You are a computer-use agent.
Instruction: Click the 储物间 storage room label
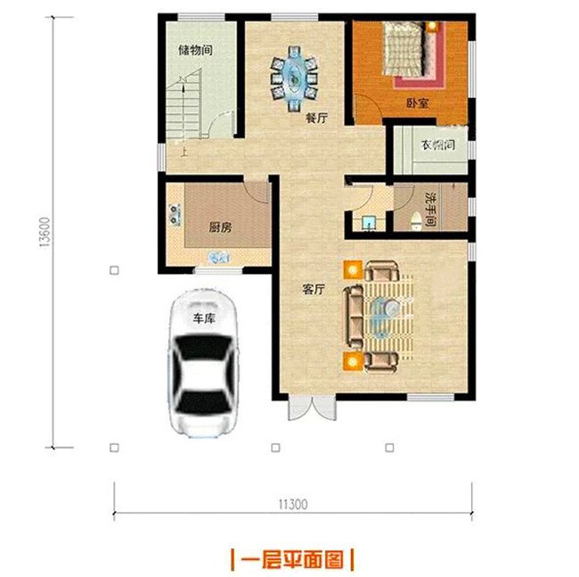(195, 51)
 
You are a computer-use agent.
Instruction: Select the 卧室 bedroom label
(417, 103)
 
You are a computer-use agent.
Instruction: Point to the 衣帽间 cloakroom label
(438, 144)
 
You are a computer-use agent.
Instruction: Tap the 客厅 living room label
(313, 290)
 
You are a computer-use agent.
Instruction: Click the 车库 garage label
(204, 318)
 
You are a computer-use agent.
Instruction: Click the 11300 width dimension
(292, 504)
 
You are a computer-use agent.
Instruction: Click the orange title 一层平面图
(292, 560)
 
